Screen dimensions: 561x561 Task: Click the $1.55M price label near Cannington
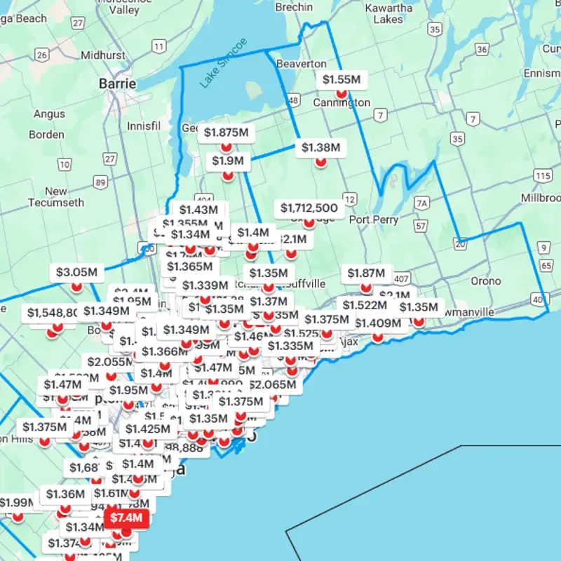[342, 80]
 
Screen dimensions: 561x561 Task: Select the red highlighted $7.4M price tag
[127, 519]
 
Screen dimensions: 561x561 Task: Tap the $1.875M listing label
[226, 133]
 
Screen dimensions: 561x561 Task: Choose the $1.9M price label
[228, 161]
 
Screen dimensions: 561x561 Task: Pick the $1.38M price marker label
[320, 147]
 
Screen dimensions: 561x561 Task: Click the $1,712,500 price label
[309, 208]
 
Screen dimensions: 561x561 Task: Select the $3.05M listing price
[76, 272]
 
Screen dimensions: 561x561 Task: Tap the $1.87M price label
[365, 273]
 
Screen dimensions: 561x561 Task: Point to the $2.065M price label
[275, 385]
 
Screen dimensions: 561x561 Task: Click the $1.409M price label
[377, 323]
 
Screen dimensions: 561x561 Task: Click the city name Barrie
[117, 83]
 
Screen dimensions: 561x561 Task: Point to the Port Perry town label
[374, 219]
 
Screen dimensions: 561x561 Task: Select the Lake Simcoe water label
[223, 64]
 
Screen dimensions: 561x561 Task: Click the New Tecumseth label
[55, 197]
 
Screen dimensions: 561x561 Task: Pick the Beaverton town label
[302, 64]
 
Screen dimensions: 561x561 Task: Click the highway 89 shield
[101, 183]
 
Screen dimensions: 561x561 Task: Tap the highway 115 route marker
[542, 175]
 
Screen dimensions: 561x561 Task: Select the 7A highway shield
[421, 203]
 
